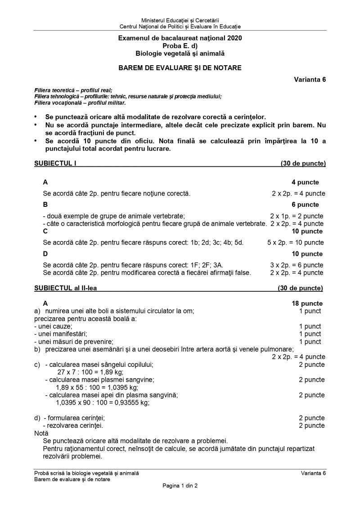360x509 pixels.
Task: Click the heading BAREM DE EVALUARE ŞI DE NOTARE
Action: (180, 68)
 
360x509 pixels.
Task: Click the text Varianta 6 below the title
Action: (310, 80)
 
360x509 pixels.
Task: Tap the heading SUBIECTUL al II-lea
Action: (65, 288)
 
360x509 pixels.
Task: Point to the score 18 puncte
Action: (307, 304)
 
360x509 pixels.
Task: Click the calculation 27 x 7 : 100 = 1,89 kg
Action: (90, 372)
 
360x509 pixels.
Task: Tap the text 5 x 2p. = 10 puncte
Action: (295, 243)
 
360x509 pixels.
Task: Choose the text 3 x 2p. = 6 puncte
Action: (297, 265)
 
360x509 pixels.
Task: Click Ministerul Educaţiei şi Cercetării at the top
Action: (180, 21)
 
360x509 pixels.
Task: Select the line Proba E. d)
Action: (180, 46)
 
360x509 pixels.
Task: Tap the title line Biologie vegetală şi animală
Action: (180, 53)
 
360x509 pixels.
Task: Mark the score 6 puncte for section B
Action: (307, 205)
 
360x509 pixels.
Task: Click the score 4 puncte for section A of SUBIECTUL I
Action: (306, 182)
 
